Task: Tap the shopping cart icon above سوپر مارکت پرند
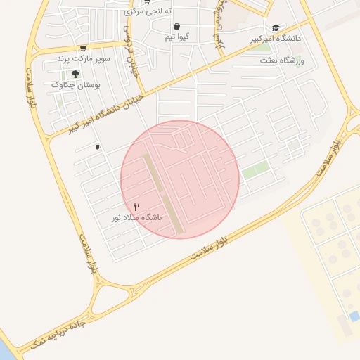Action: coord(83,49)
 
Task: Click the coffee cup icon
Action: coord(98,148)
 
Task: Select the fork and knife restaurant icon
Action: coord(137,207)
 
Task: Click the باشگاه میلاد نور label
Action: coord(137,218)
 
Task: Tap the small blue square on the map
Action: coord(354,316)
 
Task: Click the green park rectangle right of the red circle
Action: coord(255,170)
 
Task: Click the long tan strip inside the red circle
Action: coord(162,193)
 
